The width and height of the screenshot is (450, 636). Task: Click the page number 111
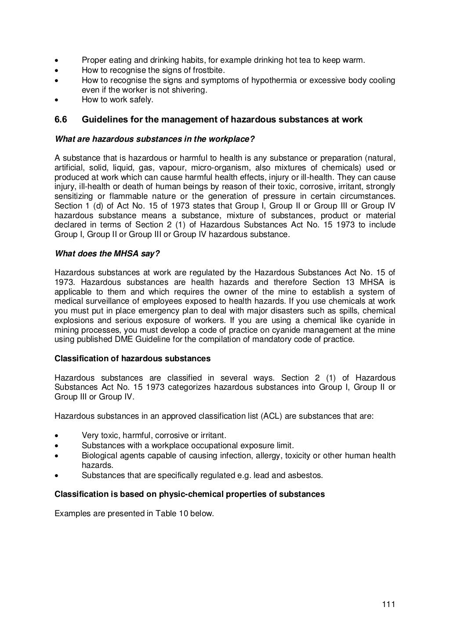389,605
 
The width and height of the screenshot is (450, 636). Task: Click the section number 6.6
62,119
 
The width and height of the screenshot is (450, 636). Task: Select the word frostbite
209,70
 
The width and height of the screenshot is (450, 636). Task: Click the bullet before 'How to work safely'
56,100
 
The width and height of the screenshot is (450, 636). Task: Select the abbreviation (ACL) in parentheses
271,416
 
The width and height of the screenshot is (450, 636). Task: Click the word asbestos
307,475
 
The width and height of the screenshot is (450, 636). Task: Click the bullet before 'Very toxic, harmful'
56,435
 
